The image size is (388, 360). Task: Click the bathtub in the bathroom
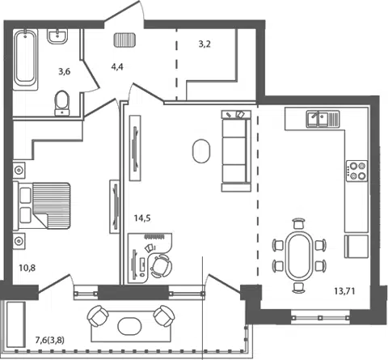coord(25,59)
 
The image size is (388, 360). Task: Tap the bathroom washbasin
coord(57,36)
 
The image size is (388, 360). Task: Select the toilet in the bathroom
coord(62,104)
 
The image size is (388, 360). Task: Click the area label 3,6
coord(65,71)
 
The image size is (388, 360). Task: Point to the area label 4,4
coord(117,66)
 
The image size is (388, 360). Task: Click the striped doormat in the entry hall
coord(124,40)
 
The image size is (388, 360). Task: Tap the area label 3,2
coord(205,44)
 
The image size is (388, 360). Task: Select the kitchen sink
coord(323,119)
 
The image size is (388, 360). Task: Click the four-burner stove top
coord(356,171)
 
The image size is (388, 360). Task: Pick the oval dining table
coord(299,256)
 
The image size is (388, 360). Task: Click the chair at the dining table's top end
coord(299,224)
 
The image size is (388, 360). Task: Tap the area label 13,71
coord(344,291)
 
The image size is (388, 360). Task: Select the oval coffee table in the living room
coord(201,151)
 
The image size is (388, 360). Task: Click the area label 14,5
coord(142,218)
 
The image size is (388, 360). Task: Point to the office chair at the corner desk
coord(161,266)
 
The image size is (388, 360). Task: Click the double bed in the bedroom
coord(42,205)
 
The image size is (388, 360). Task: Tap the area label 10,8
coord(27,268)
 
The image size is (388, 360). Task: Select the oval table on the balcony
coord(129,325)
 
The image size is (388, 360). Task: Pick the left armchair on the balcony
coord(98,316)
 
